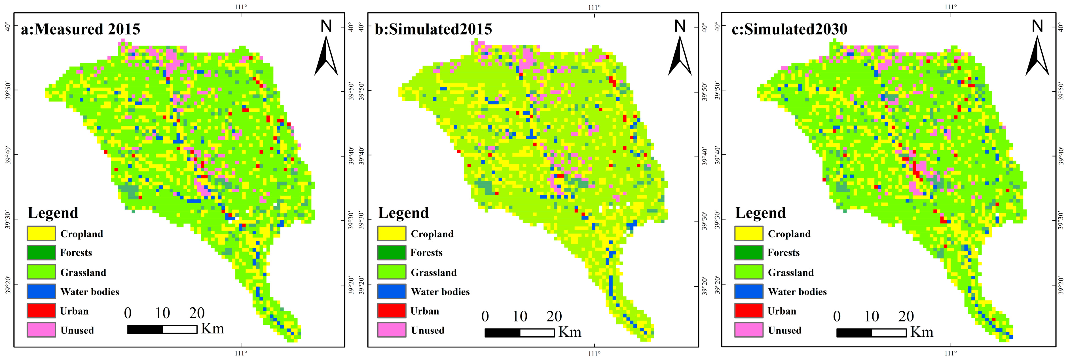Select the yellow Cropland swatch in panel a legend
pyautogui.click(x=41, y=233)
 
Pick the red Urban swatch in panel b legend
pyautogui.click(x=391, y=311)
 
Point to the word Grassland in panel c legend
pyautogui.click(x=791, y=273)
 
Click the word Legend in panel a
pyautogui.click(x=53, y=213)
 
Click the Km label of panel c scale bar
pyautogui.click(x=922, y=332)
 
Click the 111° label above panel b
pyautogui.click(x=594, y=7)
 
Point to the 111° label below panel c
pyautogui.click(x=951, y=353)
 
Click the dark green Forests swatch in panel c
pyautogui.click(x=748, y=252)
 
